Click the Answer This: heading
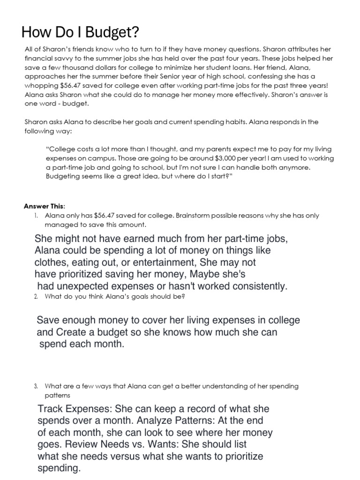pyautogui.click(x=45, y=207)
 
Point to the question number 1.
pyautogui.click(x=36, y=216)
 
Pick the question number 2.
pyautogui.click(x=36, y=297)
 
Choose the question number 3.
pyautogui.click(x=36, y=386)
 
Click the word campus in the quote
pyautogui.click(x=94, y=158)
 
